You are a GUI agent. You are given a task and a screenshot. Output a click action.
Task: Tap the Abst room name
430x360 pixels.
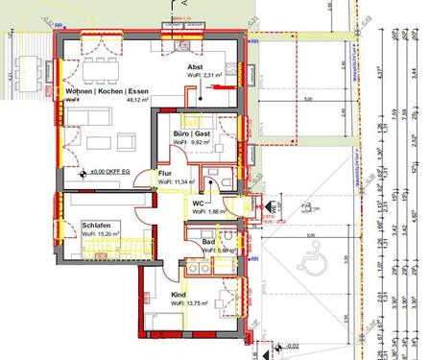196,66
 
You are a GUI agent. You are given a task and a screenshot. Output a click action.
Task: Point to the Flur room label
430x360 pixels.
165,173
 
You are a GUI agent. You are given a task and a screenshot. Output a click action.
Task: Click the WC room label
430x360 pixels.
198,204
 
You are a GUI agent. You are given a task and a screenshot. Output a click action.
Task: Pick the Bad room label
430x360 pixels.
208,242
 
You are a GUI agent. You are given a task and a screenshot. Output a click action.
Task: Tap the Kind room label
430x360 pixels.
179,295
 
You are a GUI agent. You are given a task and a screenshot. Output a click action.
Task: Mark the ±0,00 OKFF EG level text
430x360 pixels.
109,173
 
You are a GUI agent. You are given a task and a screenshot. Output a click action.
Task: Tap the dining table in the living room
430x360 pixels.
98,67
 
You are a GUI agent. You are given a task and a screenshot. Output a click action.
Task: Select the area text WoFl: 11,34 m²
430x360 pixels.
177,181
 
